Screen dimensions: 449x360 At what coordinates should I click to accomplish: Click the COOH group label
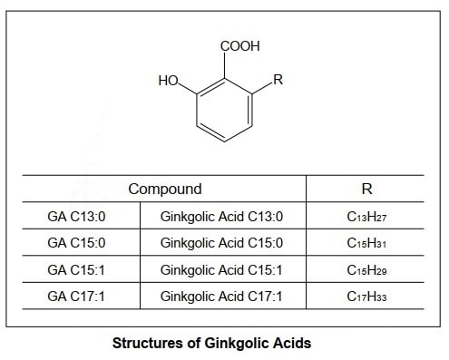click(x=239, y=44)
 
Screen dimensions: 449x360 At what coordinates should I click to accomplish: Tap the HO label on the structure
click(x=168, y=81)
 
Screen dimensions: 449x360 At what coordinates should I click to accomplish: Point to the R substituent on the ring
click(x=278, y=80)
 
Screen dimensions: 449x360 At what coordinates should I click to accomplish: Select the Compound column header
click(x=164, y=189)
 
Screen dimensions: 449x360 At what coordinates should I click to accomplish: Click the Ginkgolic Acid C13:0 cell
click(x=221, y=217)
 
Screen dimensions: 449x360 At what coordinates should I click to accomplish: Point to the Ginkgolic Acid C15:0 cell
click(x=221, y=243)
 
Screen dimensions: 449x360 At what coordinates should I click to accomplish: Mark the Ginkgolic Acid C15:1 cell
click(x=221, y=270)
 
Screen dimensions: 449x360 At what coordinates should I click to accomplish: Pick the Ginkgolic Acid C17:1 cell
click(x=221, y=297)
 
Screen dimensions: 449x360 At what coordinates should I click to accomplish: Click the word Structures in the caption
click(x=145, y=344)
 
